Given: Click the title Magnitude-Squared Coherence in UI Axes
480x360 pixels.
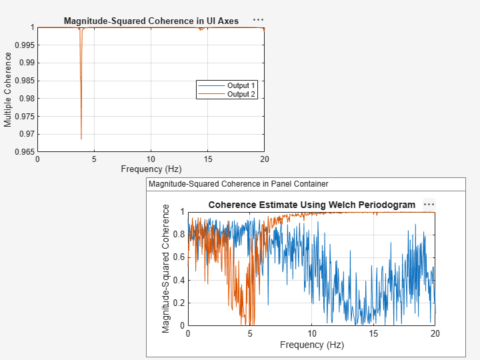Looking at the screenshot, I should tap(151, 21).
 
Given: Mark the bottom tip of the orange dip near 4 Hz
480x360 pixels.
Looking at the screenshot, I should tap(81, 139).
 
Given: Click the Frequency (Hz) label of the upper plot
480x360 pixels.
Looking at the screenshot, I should tap(151, 169).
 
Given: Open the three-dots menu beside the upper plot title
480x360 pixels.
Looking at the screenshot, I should tap(258, 21).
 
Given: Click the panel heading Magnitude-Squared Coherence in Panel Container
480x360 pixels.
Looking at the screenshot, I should tap(238, 184).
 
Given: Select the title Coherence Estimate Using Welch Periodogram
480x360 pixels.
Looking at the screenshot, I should tap(311, 205).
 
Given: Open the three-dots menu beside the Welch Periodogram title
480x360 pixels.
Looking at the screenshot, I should tap(429, 205).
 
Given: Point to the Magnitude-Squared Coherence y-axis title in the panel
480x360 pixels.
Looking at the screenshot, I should tap(166, 269).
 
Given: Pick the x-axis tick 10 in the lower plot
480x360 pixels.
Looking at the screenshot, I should tap(311, 333).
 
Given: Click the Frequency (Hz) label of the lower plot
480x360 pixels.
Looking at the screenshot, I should tap(311, 345).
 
